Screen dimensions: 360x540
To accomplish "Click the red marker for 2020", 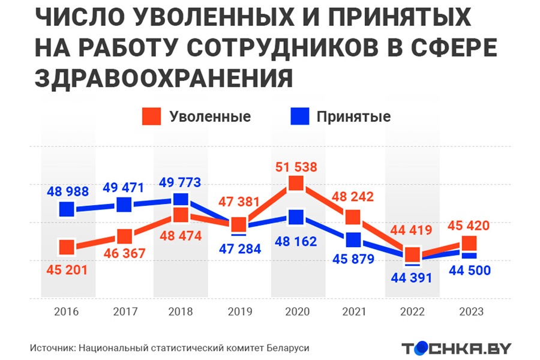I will (x=296, y=183).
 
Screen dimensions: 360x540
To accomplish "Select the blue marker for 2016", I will (x=67, y=209).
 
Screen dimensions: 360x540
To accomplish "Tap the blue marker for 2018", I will (x=181, y=200).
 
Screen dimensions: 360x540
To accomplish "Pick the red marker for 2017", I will (x=124, y=236).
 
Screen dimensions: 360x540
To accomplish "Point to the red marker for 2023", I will (x=469, y=243).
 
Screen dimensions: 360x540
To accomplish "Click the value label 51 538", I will (x=296, y=166).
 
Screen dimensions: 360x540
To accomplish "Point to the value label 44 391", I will (x=412, y=278).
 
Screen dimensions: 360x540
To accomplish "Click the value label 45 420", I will (x=469, y=226).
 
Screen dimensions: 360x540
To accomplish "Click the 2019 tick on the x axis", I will (x=239, y=312).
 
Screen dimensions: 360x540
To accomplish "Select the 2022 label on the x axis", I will (x=412, y=312).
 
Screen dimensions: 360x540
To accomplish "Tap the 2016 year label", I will (x=67, y=312).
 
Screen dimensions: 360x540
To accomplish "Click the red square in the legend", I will (x=152, y=116).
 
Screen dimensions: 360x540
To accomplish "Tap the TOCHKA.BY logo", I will (x=457, y=348).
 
